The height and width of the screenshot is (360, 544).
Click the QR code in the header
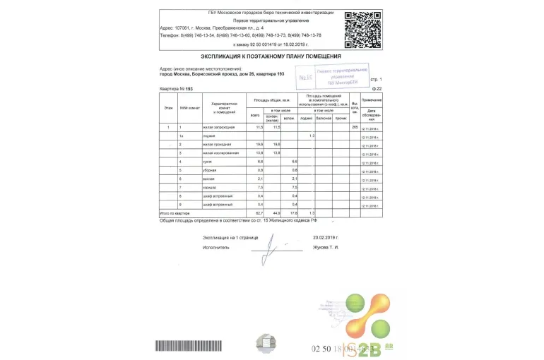[x=362, y=29]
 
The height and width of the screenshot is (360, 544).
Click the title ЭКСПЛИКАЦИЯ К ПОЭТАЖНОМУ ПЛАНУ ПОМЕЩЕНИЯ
[x=271, y=56]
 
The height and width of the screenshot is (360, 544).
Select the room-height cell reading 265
[x=355, y=127]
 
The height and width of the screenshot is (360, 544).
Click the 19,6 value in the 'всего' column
[x=259, y=144]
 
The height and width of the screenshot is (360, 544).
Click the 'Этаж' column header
[x=168, y=107]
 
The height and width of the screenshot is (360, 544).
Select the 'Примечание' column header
[x=372, y=100]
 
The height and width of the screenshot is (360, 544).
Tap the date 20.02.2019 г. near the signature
[x=326, y=238]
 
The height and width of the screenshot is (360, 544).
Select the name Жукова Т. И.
[x=326, y=248]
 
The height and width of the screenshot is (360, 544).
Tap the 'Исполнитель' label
[x=216, y=248]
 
